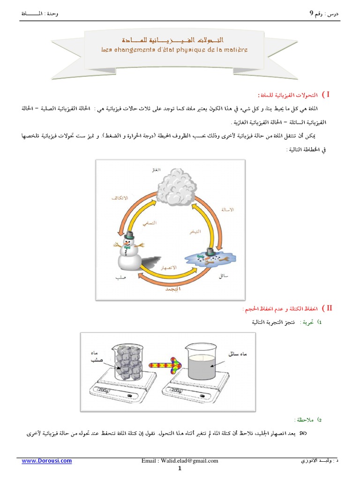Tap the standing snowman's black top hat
tap(127, 234)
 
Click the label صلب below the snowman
tap(121, 277)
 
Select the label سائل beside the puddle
tap(224, 277)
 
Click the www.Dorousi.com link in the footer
tap(47, 461)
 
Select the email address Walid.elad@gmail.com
tap(180, 461)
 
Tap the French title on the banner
tap(174, 49)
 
